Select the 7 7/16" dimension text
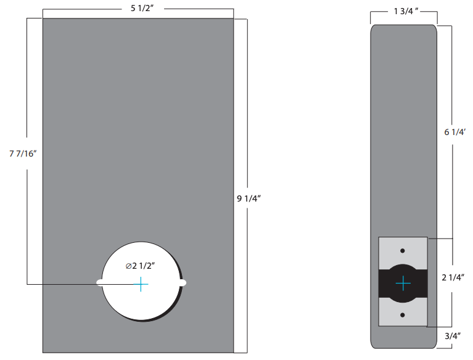[x=24, y=153]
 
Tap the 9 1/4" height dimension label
[x=250, y=198]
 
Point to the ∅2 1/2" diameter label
[x=139, y=266]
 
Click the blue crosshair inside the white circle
[x=141, y=284]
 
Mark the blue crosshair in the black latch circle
[x=403, y=283]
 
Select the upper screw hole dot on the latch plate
[x=403, y=251]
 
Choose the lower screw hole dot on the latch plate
[x=403, y=315]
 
